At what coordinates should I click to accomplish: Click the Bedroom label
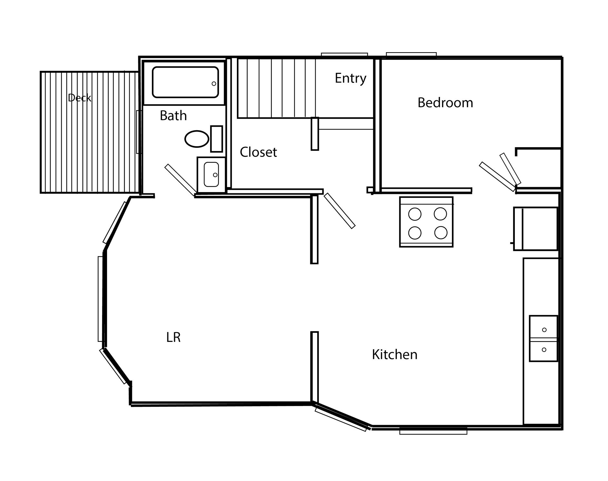pyautogui.click(x=445, y=103)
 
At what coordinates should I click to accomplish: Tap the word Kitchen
pyautogui.click(x=395, y=355)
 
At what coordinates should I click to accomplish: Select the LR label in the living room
pyautogui.click(x=173, y=338)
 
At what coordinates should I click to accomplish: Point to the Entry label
pyautogui.click(x=350, y=78)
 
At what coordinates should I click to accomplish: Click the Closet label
pyautogui.click(x=258, y=152)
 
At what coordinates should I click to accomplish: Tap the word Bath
pyautogui.click(x=173, y=116)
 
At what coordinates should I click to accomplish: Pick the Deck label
pyautogui.click(x=80, y=98)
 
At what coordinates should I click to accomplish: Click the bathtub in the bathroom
pyautogui.click(x=185, y=82)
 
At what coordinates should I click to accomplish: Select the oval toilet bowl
pyautogui.click(x=197, y=139)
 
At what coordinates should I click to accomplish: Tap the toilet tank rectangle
pyautogui.click(x=217, y=139)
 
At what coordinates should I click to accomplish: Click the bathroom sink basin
pyautogui.click(x=211, y=175)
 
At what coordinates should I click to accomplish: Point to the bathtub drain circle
pyautogui.click(x=214, y=84)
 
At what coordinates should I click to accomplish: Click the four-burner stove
pyautogui.click(x=426, y=222)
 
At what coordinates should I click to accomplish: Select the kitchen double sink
pyautogui.click(x=544, y=339)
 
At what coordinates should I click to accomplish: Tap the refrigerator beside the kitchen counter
pyautogui.click(x=535, y=229)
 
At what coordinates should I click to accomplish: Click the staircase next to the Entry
pyautogui.click(x=277, y=88)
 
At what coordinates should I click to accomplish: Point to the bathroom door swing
pyautogui.click(x=181, y=180)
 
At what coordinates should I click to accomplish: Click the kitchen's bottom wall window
pyautogui.click(x=433, y=431)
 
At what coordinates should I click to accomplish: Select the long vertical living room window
pyautogui.click(x=100, y=299)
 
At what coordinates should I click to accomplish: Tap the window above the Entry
pyautogui.click(x=345, y=54)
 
